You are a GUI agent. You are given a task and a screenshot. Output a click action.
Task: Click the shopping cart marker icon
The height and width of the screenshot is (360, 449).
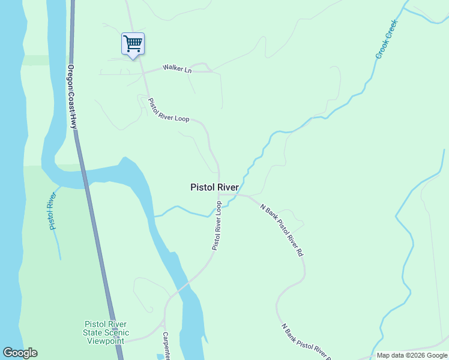pyautogui.click(x=133, y=43)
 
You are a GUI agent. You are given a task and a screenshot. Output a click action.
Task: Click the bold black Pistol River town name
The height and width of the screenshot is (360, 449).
pyautogui.click(x=214, y=187)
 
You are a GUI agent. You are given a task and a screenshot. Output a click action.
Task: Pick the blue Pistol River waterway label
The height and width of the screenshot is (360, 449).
pyautogui.click(x=53, y=211)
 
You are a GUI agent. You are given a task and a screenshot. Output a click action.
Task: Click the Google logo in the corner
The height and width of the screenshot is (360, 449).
pyautogui.click(x=20, y=353)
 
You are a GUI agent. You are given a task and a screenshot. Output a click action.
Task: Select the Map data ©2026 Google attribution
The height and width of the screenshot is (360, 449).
pyautogui.click(x=412, y=355)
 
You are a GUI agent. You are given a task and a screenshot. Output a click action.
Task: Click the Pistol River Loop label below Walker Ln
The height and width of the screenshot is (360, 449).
pyautogui.click(x=169, y=110)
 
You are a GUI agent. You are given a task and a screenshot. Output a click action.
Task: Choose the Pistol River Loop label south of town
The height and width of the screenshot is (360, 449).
pyautogui.click(x=217, y=226)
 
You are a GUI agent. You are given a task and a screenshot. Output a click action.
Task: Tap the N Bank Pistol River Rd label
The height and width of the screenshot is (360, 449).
pyautogui.click(x=282, y=230)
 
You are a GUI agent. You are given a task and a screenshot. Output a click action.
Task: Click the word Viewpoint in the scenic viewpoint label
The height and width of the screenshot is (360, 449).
pyautogui.click(x=106, y=341)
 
